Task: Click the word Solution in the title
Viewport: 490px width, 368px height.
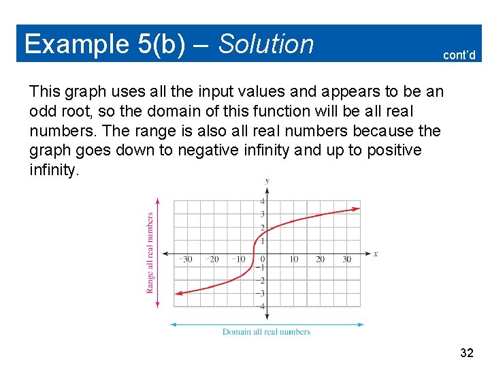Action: [x=266, y=44]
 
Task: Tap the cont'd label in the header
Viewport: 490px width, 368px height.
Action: [x=459, y=55]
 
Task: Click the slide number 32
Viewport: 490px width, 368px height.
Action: [x=467, y=352]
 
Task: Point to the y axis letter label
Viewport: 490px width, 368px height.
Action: [x=267, y=181]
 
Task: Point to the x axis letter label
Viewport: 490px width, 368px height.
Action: [x=375, y=254]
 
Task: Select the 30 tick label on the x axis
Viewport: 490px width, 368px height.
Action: [x=346, y=259]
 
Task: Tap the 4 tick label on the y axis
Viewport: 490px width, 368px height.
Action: [x=263, y=201]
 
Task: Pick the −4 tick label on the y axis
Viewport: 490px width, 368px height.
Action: [x=261, y=306]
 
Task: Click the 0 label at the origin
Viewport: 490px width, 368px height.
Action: [x=263, y=259]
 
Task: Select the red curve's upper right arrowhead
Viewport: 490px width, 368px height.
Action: [x=357, y=209]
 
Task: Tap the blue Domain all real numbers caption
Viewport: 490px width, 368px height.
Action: [x=266, y=332]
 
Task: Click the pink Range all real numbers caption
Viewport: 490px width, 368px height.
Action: [x=150, y=253]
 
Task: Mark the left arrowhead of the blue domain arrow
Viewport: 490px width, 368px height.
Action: [x=172, y=324]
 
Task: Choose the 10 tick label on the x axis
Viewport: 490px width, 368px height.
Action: [x=294, y=259]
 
